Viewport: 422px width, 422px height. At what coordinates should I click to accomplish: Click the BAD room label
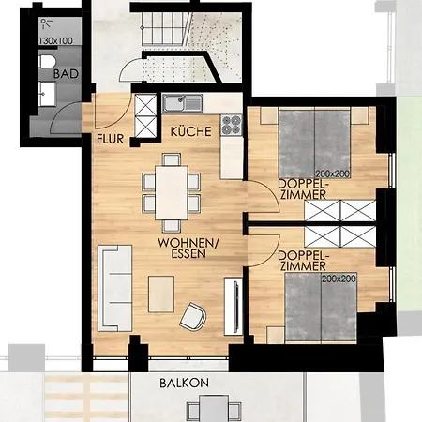point(66,74)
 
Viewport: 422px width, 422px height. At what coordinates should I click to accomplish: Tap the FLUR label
point(110,139)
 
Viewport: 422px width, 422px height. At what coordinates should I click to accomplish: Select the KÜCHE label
point(190,131)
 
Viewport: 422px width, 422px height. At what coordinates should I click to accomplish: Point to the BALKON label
point(184,383)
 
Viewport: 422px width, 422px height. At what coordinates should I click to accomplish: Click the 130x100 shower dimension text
point(56,40)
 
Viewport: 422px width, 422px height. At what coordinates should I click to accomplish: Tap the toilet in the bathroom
point(47,62)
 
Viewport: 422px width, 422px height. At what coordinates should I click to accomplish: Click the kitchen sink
point(182,103)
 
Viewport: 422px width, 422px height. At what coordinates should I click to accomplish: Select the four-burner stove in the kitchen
point(232,125)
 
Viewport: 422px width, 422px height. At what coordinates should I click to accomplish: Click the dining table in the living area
point(172,193)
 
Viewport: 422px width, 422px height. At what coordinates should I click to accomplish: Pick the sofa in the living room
point(114,288)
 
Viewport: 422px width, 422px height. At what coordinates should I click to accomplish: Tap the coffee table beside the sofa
point(161,294)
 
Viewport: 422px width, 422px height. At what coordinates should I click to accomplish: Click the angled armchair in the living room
point(193,317)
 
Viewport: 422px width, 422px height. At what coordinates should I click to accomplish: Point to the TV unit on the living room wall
point(234,306)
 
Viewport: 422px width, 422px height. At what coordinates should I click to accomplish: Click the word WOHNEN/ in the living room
point(188,243)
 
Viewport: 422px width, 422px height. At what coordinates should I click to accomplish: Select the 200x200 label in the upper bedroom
point(333,173)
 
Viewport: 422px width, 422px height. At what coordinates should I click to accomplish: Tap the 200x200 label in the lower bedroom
point(339,279)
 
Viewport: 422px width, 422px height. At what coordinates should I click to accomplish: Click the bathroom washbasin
point(48,94)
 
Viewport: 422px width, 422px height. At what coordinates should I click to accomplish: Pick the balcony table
point(214,409)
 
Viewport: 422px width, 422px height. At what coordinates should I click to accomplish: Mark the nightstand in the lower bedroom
point(276,335)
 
